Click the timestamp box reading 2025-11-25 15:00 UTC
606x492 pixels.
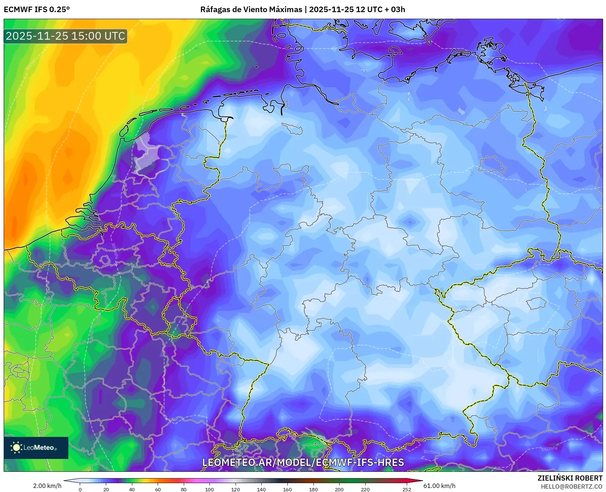pyautogui.click(x=65, y=36)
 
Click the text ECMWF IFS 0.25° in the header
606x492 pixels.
pyautogui.click(x=37, y=10)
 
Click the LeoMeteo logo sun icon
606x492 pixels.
pyautogui.click(x=16, y=447)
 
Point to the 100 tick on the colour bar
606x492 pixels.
pyautogui.click(x=209, y=489)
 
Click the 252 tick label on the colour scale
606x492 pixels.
pyautogui.click(x=406, y=489)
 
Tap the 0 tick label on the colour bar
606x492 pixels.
pyautogui.click(x=80, y=489)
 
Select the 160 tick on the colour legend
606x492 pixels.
pyautogui.click(x=287, y=489)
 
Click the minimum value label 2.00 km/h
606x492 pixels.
pyautogui.click(x=47, y=486)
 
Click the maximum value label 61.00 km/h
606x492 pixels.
pyautogui.click(x=439, y=486)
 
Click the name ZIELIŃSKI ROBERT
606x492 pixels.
pyautogui.click(x=570, y=478)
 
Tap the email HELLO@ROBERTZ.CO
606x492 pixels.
pyautogui.click(x=571, y=486)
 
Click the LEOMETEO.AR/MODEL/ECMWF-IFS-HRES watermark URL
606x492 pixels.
pyautogui.click(x=303, y=462)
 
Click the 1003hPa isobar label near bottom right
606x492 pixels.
pyautogui.click(x=549, y=449)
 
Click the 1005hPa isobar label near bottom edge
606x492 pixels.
pyautogui.click(x=431, y=452)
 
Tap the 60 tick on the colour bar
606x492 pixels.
pyautogui.click(x=158, y=489)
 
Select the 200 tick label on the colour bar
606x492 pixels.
pyautogui.click(x=339, y=489)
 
